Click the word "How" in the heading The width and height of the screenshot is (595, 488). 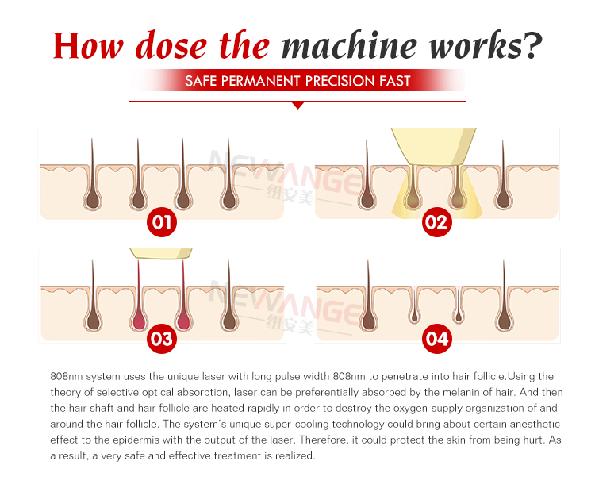[89, 45]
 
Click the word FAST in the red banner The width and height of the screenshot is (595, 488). [393, 81]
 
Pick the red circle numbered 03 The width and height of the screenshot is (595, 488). [161, 340]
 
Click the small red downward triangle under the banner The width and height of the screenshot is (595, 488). [297, 105]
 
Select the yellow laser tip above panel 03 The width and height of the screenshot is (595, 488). [161, 253]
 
